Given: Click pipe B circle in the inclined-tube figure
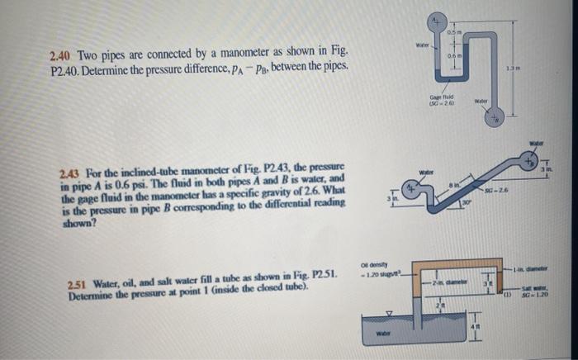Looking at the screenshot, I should click(x=547, y=160).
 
